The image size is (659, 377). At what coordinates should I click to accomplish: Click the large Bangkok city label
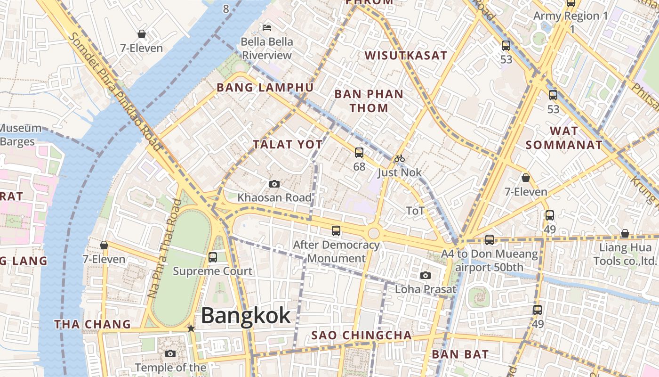click(246, 316)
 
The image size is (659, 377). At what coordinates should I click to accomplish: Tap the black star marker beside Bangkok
click(191, 328)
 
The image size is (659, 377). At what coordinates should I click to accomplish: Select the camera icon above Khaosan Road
click(274, 184)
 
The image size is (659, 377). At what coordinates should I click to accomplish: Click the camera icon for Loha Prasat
click(426, 276)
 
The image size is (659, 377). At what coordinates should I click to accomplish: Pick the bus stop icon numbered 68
click(359, 153)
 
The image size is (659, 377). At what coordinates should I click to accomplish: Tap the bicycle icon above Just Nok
click(400, 158)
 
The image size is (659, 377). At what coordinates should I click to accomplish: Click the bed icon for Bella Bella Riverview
click(267, 27)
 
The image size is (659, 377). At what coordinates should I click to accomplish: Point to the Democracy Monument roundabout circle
click(374, 233)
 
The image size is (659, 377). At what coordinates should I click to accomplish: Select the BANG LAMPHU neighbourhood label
click(265, 88)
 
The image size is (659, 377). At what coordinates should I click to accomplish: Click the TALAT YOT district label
click(288, 145)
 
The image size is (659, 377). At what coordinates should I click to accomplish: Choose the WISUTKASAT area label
click(406, 56)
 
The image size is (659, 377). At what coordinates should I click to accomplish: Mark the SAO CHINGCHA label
click(362, 336)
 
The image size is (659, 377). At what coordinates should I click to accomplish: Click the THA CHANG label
click(92, 324)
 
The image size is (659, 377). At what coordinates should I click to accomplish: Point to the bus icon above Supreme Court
click(213, 257)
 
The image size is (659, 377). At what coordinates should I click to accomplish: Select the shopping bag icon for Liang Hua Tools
click(625, 234)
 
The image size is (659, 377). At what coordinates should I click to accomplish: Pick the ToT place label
click(415, 211)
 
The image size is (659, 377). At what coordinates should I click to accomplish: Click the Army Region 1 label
click(571, 16)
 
